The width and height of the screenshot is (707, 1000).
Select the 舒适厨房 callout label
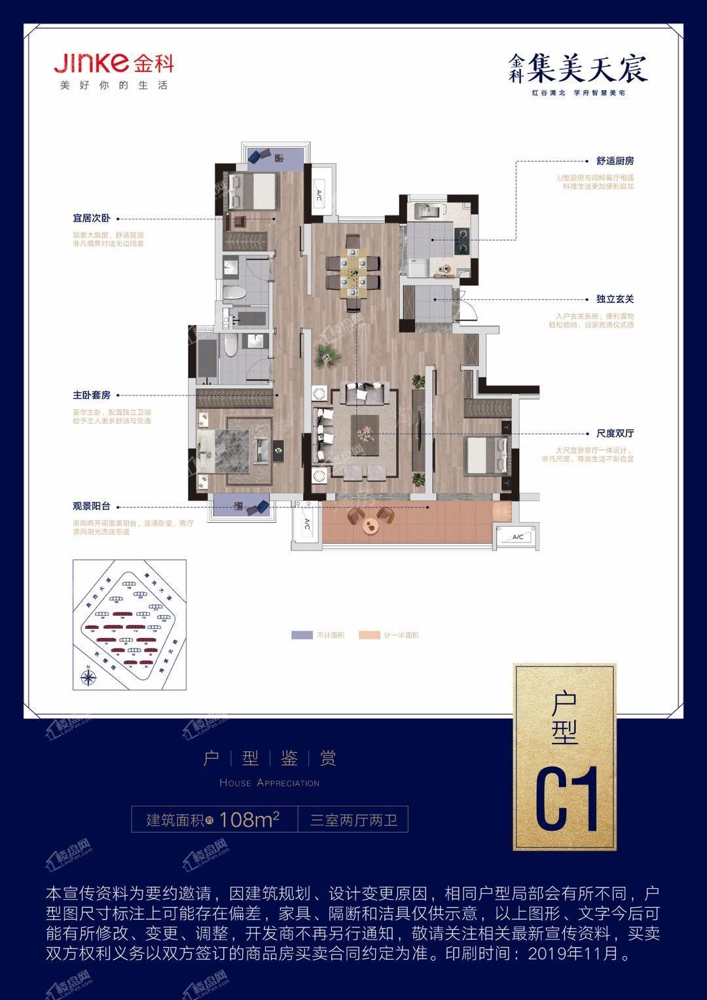click(x=615, y=160)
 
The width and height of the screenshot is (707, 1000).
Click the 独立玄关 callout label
click(x=615, y=299)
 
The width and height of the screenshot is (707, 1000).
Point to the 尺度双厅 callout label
click(x=615, y=433)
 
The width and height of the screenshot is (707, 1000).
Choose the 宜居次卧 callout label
click(x=92, y=219)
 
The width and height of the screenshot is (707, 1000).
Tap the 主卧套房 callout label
click(x=92, y=395)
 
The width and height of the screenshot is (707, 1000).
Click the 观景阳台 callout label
click(x=92, y=506)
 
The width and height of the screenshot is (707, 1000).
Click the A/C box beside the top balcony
click(x=319, y=194)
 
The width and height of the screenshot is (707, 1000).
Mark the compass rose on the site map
click(x=87, y=676)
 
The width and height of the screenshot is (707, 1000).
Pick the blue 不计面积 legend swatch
click(x=302, y=635)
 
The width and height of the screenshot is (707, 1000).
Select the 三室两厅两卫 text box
click(x=353, y=819)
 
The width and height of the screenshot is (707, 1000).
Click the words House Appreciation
click(x=269, y=783)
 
